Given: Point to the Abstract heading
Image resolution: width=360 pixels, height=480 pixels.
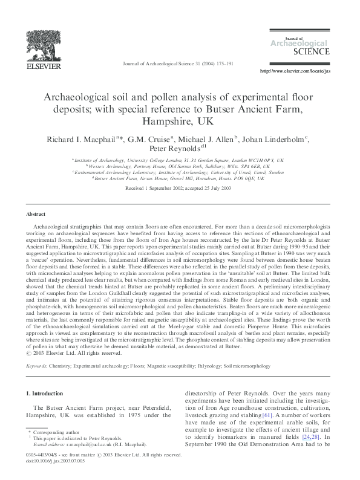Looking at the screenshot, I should click(35, 214).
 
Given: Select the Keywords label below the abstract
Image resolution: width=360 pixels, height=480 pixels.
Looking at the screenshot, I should click(38, 366).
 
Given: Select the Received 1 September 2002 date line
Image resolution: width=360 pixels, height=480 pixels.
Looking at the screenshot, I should click(180, 189).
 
